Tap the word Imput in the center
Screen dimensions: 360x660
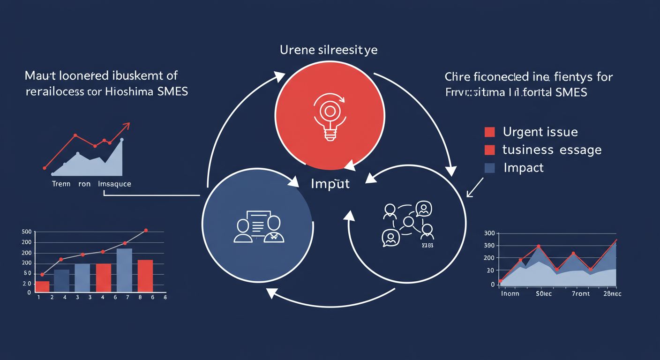pyautogui.click(x=330, y=184)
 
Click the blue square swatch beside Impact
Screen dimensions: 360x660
pyautogui.click(x=489, y=168)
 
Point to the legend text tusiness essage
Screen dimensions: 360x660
pyautogui.click(x=552, y=150)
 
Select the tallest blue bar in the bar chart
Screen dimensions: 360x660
pyautogui.click(x=124, y=270)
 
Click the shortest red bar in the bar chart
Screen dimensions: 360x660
pyautogui.click(x=42, y=287)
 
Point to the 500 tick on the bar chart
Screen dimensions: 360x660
pyautogui.click(x=26, y=232)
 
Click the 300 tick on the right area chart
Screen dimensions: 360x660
pyautogui.click(x=489, y=233)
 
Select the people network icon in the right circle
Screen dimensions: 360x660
pyautogui.click(x=407, y=223)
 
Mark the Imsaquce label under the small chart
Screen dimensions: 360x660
pyautogui.click(x=114, y=184)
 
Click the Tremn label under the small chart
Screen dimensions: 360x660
pyautogui.click(x=61, y=184)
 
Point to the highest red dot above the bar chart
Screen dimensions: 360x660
pyautogui.click(x=146, y=231)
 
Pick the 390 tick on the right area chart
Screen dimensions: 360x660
pyautogui.click(x=489, y=246)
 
